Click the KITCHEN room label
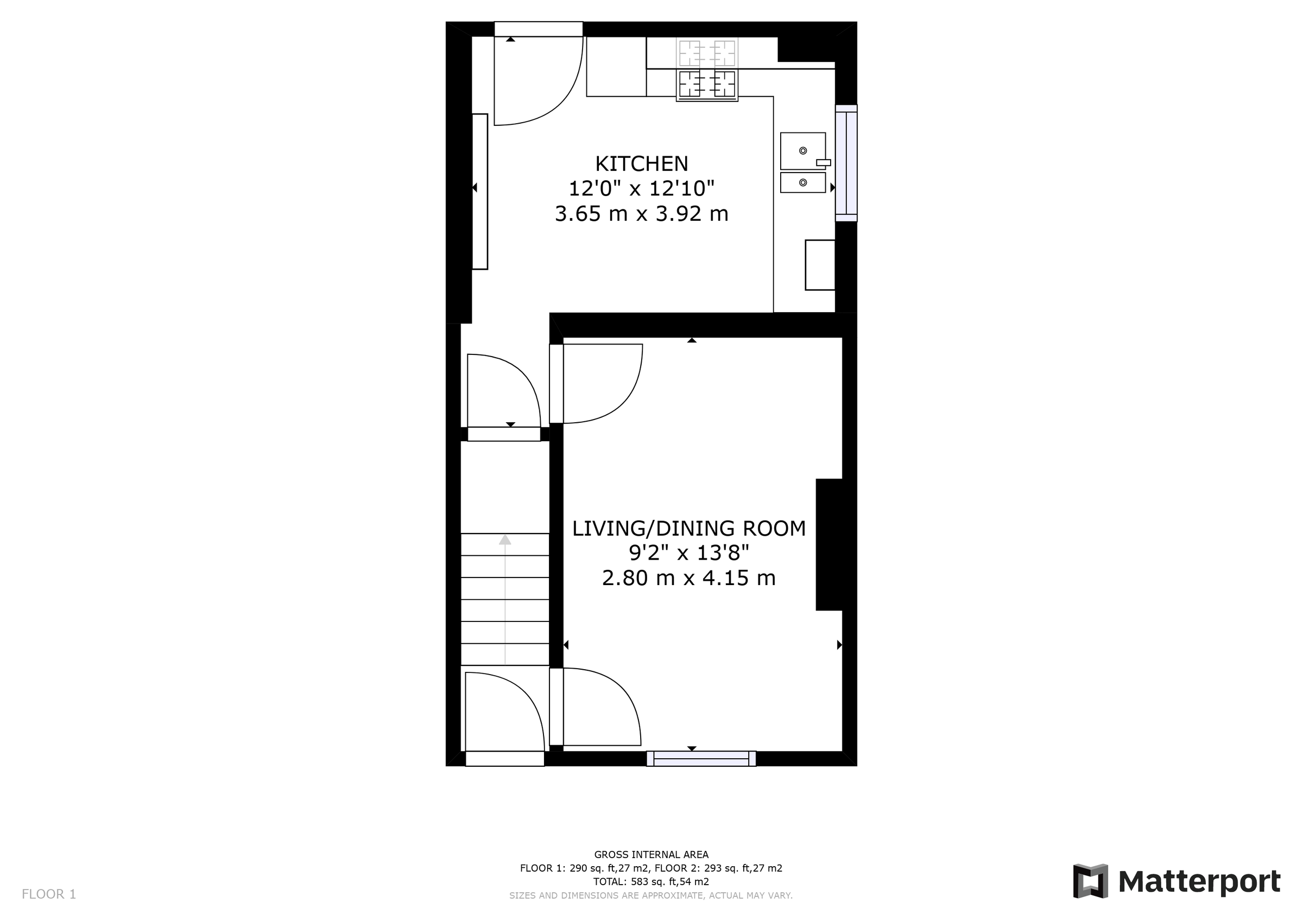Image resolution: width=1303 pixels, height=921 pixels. (641, 164)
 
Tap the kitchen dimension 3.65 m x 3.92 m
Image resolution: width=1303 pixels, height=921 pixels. (641, 214)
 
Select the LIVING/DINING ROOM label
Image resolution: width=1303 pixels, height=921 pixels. (688, 528)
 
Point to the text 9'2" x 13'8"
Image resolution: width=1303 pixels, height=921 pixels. (688, 552)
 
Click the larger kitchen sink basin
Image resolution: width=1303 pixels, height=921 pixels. (802, 151)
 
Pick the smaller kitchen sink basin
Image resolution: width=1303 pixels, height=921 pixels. (802, 183)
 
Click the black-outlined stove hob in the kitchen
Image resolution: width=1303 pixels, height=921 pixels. (707, 84)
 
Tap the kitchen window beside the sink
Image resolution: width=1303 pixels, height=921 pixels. (846, 163)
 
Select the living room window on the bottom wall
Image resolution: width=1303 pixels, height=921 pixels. (701, 759)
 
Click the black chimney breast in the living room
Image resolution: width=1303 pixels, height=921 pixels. (828, 545)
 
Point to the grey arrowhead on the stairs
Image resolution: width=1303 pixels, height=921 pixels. (504, 539)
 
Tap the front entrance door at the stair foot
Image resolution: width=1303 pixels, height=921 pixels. (499, 715)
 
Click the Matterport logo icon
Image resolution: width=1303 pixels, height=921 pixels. (1090, 881)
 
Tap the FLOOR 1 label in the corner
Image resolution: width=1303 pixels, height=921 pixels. (49, 894)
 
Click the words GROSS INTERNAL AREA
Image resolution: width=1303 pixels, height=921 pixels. (651, 855)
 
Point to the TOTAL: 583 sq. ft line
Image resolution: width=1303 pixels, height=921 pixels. (651, 882)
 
